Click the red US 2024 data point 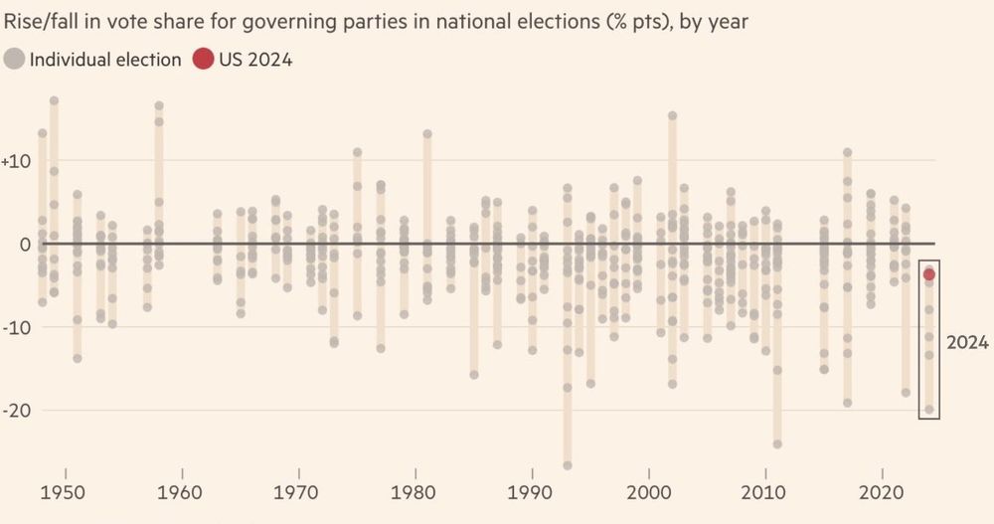[929, 274]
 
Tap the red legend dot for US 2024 [203, 59]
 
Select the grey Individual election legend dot [15, 59]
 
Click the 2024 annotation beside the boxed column [967, 343]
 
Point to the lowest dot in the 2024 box [929, 409]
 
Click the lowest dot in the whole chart [568, 464]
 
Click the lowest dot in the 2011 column [777, 443]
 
